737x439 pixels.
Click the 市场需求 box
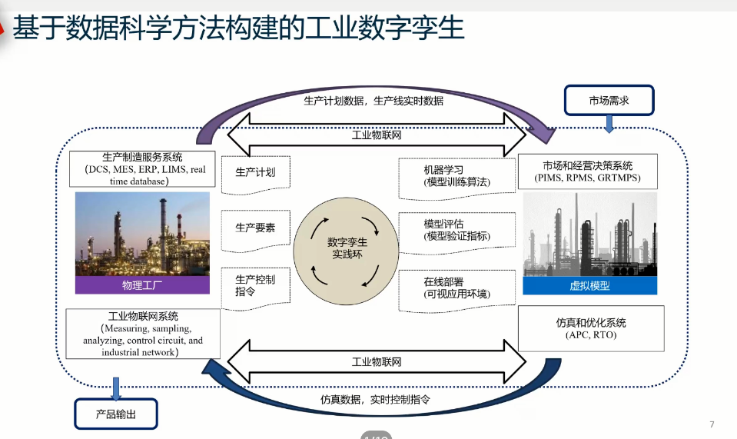click(609, 100)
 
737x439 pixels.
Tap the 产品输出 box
click(116, 414)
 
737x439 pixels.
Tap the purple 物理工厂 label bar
click(142, 285)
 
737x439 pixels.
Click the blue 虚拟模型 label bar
click(589, 285)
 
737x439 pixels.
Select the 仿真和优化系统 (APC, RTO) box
click(589, 328)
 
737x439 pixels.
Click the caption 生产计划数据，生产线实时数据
click(373, 100)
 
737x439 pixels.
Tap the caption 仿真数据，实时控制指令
click(375, 400)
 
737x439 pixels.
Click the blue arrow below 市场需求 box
click(609, 125)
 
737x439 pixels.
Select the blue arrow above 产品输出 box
click(116, 388)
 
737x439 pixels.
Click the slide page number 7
click(712, 424)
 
